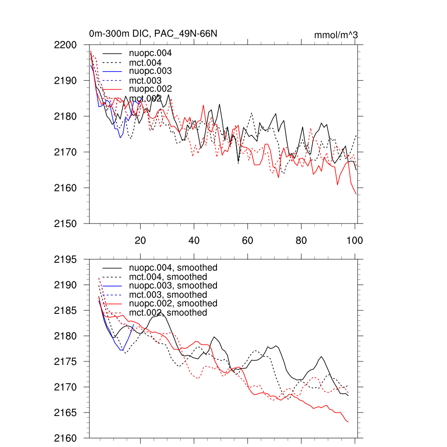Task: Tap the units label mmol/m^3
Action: pos(336,34)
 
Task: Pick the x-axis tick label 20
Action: pos(140,241)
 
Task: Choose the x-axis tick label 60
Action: pos(248,241)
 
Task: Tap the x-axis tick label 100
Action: pos(354,241)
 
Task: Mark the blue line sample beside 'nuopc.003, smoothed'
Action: pos(112,285)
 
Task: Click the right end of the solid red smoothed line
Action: pos(348,422)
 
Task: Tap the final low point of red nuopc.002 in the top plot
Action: pos(356,194)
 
